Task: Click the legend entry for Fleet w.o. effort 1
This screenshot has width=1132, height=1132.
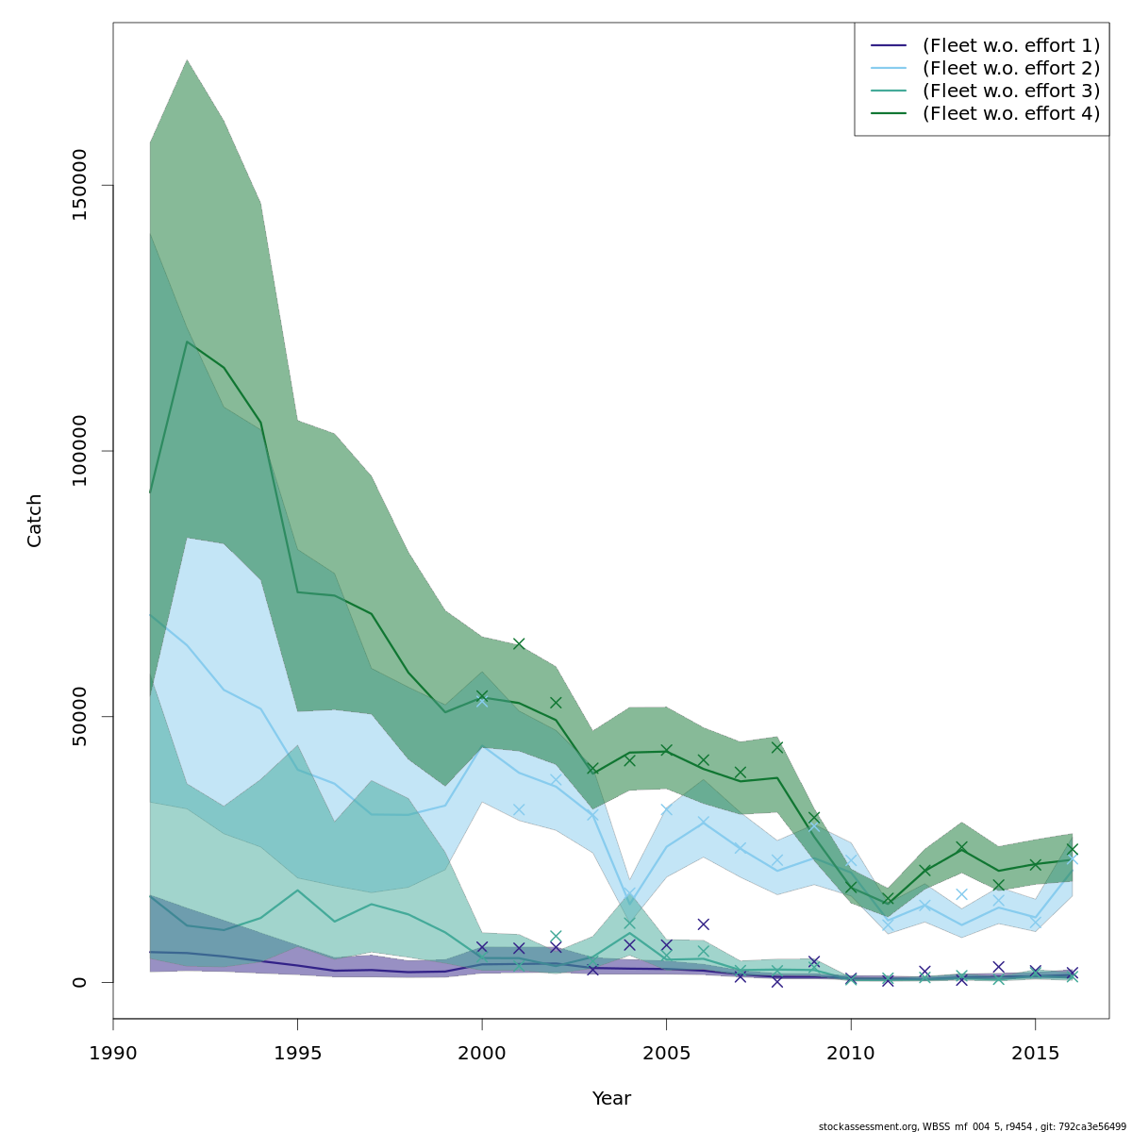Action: [x=1010, y=45]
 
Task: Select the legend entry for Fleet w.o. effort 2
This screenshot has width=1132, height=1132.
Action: [x=1010, y=68]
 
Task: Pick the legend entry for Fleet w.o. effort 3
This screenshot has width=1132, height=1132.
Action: [x=1010, y=91]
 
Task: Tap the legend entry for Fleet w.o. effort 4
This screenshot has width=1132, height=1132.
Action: [x=1010, y=113]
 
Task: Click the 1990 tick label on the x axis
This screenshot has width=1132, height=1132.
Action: [x=113, y=1052]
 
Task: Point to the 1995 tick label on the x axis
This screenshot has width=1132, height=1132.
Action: [x=297, y=1052]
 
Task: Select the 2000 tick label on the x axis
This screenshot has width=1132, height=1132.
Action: [x=482, y=1052]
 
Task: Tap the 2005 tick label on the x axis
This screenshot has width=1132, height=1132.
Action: [x=666, y=1052]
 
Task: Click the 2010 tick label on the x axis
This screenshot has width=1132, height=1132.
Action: [x=851, y=1052]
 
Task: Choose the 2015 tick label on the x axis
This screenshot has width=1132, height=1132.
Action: [x=1035, y=1052]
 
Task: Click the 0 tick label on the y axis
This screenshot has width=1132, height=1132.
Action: [x=79, y=981]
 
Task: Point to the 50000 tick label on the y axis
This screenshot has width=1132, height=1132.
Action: [x=79, y=716]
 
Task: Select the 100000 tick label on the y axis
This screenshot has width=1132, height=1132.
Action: [x=79, y=451]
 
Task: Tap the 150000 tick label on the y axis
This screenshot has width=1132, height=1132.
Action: [x=79, y=185]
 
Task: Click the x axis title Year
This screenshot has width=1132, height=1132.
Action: [x=611, y=1099]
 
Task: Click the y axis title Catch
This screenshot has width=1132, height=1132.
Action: [x=35, y=521]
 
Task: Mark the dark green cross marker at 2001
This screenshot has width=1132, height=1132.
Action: [x=519, y=643]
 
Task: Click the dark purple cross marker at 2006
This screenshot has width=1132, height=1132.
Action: [x=703, y=924]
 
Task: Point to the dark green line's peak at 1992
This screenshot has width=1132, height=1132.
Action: [x=187, y=341]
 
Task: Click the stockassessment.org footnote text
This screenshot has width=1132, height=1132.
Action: [x=972, y=1126]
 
